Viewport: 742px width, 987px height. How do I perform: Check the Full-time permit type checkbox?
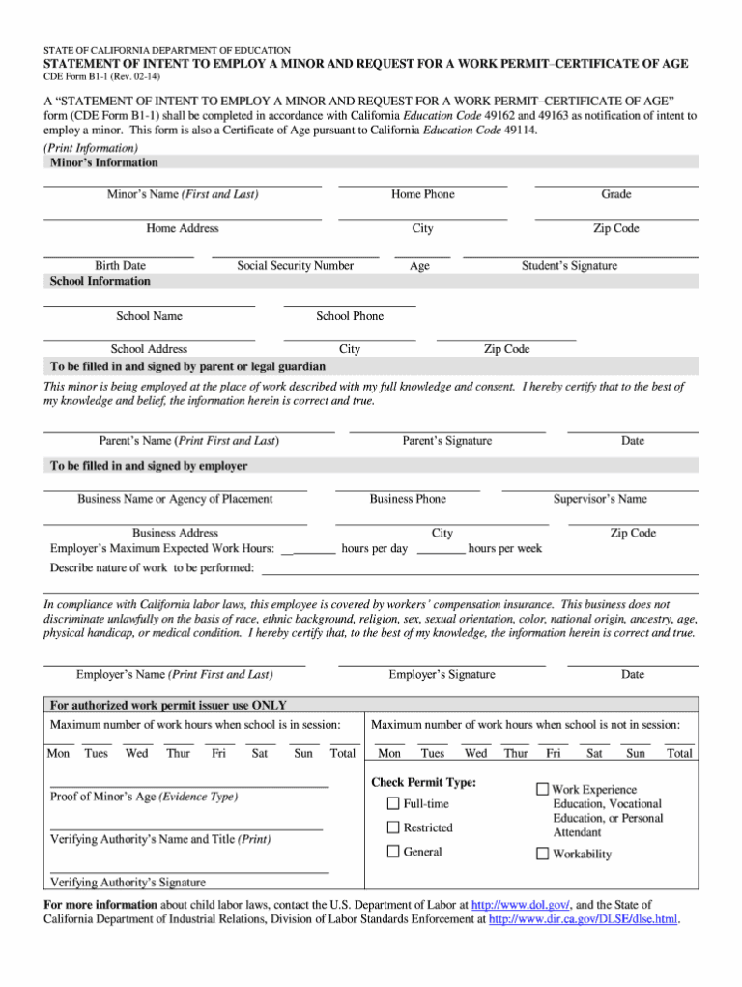coord(393,803)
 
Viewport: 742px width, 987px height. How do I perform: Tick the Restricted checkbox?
coord(393,827)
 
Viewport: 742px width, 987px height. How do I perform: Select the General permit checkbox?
coord(393,852)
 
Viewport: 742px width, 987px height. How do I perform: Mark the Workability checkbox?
coord(543,854)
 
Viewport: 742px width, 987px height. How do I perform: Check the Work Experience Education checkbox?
coord(543,790)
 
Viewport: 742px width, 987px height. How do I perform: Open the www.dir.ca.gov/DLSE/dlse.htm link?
coord(585,919)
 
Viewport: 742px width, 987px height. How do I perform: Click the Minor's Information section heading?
coord(103,162)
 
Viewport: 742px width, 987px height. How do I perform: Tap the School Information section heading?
coord(100,281)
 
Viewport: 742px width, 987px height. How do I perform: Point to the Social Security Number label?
coord(295,265)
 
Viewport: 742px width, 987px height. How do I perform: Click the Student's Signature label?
coord(569,265)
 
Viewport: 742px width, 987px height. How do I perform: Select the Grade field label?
coord(615,194)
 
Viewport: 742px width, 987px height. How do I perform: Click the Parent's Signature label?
coord(446,441)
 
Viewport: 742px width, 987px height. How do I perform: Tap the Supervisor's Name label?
coord(599,499)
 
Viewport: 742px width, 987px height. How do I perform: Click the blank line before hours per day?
coord(309,550)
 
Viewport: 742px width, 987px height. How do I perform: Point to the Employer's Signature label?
coord(442,674)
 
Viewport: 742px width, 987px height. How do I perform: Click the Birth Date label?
coord(120,265)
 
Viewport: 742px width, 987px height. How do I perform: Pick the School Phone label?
coord(349,316)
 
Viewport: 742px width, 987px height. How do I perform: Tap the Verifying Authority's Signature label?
coord(128,882)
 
